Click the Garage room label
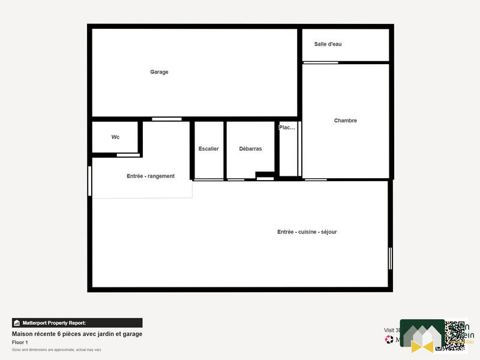159,72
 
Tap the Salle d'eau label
328,44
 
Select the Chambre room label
346,121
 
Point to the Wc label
115,137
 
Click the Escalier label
208,149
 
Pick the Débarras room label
250,149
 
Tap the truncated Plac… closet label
287,128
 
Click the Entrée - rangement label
151,176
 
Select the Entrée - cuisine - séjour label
307,232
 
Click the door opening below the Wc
128,155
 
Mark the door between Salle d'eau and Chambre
320,62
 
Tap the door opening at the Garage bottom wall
166,119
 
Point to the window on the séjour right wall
390,258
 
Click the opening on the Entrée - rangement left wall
90,181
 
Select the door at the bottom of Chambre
316,179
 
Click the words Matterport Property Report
54,323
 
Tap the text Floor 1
20,342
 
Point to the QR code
455,335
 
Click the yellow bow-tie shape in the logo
422,346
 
